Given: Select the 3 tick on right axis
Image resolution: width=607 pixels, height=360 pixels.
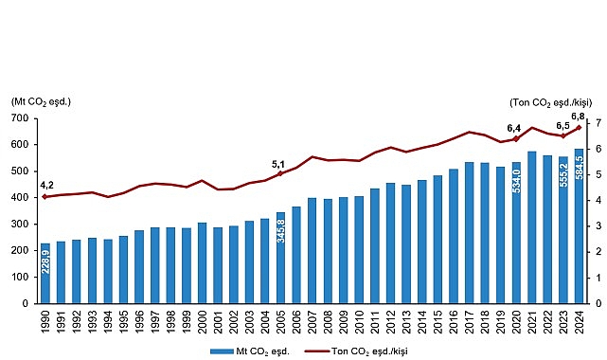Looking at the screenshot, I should pos(597,226).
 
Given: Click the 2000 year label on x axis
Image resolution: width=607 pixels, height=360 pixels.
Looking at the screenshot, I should pos(202,323).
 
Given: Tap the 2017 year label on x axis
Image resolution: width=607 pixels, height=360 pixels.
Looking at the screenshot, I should pos(469,323).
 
